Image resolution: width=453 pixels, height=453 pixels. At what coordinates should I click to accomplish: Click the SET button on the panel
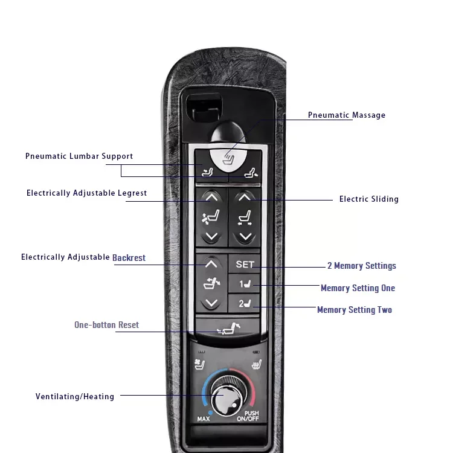(x=245, y=264)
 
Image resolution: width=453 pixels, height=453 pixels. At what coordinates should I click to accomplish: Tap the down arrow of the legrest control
(x=211, y=237)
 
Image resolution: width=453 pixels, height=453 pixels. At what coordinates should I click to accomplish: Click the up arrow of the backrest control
(x=211, y=263)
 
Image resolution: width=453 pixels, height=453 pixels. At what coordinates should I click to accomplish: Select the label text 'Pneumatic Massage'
(x=346, y=115)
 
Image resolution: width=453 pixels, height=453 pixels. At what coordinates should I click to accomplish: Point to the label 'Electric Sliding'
(x=368, y=199)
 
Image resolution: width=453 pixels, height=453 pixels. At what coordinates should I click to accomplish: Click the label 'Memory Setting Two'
(x=355, y=310)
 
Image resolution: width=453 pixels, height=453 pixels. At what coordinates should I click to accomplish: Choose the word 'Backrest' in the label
(x=129, y=257)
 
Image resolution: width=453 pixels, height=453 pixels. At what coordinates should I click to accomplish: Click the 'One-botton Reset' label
(x=106, y=325)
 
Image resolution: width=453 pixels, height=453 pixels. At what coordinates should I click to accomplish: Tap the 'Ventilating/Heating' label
(x=75, y=397)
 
